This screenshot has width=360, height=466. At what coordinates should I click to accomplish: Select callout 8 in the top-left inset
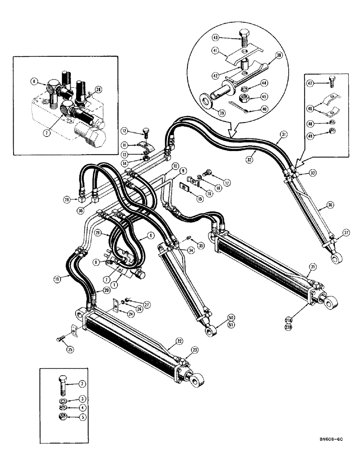[x=35, y=82]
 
